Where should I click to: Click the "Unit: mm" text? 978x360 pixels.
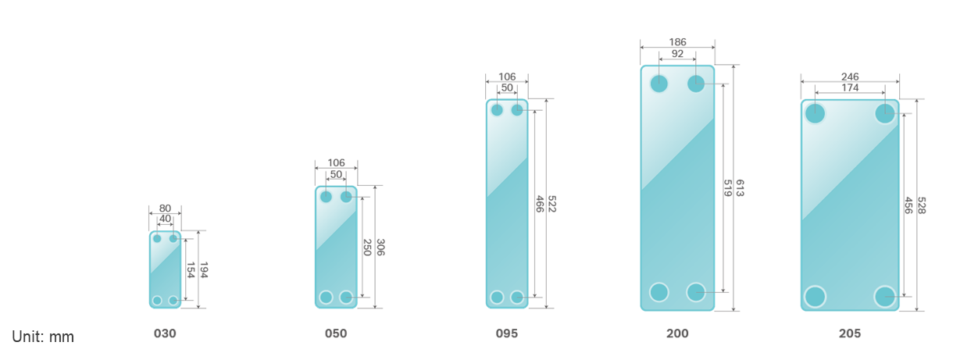coord(43,337)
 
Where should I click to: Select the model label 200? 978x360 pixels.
coord(677,333)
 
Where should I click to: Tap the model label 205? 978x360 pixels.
coord(850,333)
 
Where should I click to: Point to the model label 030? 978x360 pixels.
coord(165,333)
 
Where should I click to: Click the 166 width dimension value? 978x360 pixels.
coord(677,42)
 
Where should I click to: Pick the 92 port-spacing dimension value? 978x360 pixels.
coord(677,55)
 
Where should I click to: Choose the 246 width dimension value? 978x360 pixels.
coord(850,77)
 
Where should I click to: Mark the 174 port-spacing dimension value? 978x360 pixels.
coord(850,88)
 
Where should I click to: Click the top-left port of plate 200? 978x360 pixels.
coord(659,84)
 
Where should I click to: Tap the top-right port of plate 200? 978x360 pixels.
coord(696,84)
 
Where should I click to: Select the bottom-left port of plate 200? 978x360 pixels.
coord(659,292)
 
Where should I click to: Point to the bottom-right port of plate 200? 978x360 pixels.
coord(696,292)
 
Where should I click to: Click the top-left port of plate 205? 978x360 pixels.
coord(815,113)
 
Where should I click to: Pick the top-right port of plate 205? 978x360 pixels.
coord(885,113)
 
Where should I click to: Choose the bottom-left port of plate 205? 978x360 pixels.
coord(815,297)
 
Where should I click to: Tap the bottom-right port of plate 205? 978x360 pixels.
coord(885,297)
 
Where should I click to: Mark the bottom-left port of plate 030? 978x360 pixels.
coord(157,301)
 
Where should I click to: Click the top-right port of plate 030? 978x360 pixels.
coord(173,238)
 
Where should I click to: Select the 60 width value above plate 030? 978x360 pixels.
coord(165,209)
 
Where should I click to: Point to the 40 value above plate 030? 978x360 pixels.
coord(165,220)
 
